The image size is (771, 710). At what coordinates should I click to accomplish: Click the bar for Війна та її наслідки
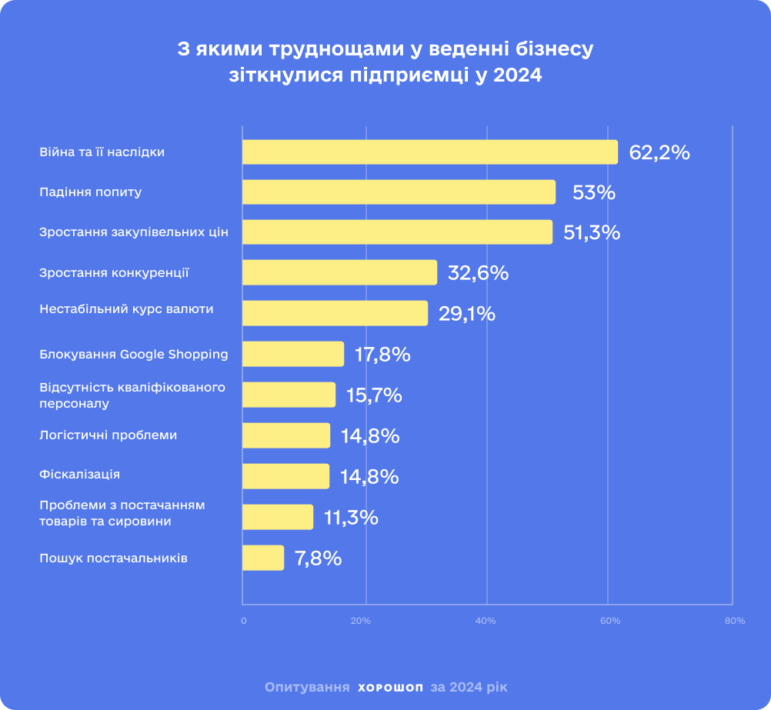[430, 152]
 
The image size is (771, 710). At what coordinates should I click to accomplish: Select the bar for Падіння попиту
[399, 192]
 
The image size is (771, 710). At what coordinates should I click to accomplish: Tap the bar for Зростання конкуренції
[340, 272]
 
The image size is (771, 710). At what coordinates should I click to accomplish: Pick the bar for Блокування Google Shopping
[293, 354]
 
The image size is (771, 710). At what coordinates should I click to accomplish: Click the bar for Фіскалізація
[285, 476]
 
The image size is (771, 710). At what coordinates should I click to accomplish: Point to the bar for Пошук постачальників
[263, 558]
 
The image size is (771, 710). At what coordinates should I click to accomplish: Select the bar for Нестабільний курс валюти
[335, 313]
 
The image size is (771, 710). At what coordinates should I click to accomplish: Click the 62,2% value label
[659, 153]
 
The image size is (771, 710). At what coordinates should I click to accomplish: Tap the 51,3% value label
[592, 232]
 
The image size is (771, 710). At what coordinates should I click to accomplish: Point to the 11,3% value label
[351, 518]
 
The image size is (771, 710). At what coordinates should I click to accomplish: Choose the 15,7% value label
[374, 395]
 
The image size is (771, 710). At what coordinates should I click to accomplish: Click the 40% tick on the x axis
[486, 621]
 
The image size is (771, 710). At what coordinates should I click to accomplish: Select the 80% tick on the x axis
[735, 621]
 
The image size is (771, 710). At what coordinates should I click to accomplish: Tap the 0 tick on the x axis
[244, 621]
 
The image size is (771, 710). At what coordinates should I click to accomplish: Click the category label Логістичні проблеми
[108, 435]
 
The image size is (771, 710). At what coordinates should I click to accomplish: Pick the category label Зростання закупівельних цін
[134, 232]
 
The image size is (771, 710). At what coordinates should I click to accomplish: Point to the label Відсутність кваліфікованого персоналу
[132, 395]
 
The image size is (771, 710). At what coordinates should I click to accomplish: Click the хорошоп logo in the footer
[390, 688]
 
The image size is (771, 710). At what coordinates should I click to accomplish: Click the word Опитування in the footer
[307, 687]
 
